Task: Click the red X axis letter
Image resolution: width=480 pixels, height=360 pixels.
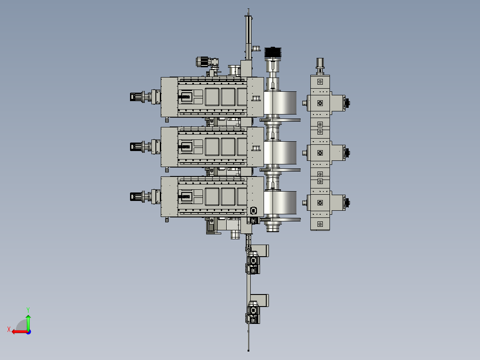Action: (9, 329)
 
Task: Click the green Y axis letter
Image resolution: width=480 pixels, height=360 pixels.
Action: (28, 310)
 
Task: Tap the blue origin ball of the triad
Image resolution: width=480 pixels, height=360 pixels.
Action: (28, 332)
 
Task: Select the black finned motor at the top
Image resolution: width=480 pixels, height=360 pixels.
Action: (273, 53)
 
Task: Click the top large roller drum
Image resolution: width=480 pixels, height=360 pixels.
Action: (280, 102)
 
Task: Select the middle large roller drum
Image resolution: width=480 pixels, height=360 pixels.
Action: (280, 152)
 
